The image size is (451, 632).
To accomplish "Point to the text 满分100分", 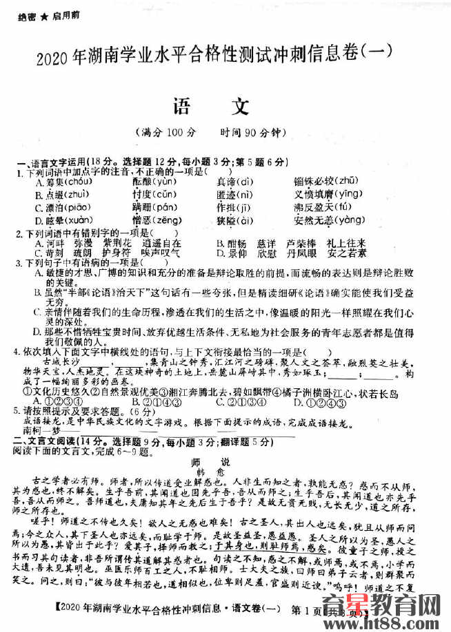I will [166, 132].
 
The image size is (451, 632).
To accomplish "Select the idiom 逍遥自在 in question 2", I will [161, 244].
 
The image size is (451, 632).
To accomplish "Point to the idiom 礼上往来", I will [346, 244].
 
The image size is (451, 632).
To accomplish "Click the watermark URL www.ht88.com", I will [387, 622].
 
